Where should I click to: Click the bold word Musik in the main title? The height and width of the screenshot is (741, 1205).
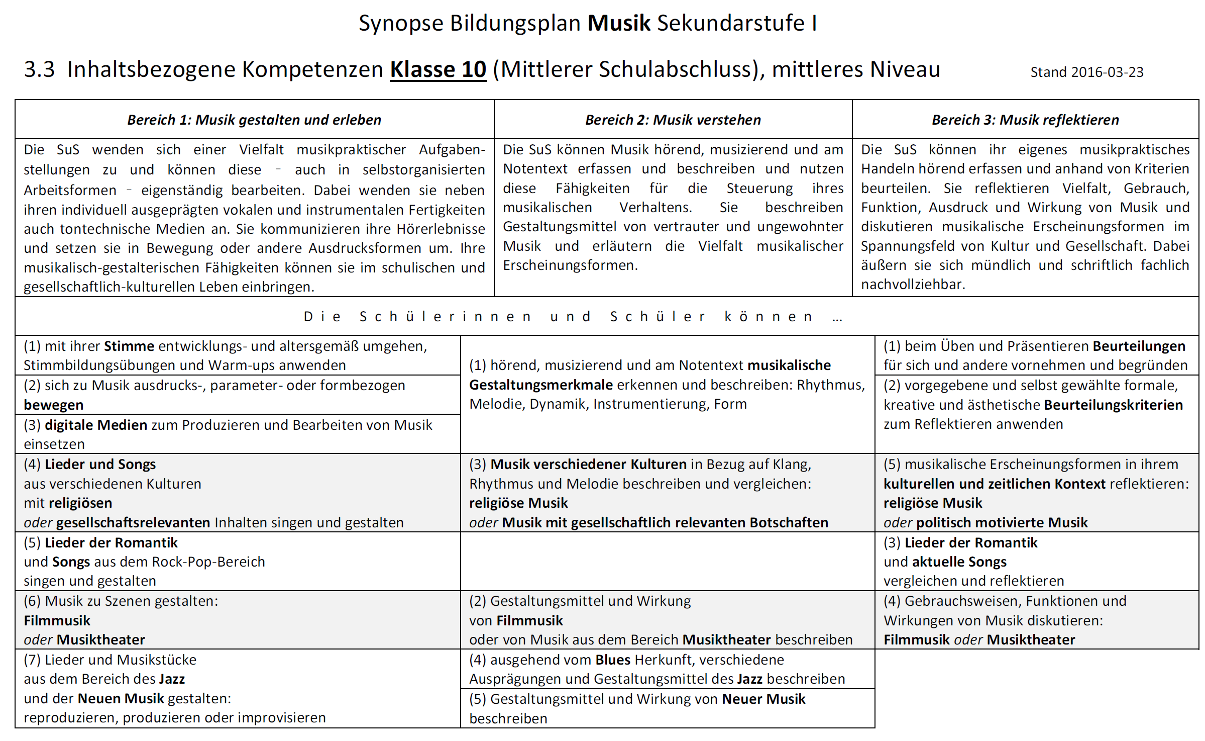pyautogui.click(x=619, y=23)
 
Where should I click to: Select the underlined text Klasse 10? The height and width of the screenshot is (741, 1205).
pyautogui.click(x=438, y=69)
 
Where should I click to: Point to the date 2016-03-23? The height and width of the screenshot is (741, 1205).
pyautogui.click(x=1107, y=72)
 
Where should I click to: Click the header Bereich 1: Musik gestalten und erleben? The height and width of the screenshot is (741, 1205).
pyautogui.click(x=254, y=120)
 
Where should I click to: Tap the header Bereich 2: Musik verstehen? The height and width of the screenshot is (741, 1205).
pyautogui.click(x=673, y=120)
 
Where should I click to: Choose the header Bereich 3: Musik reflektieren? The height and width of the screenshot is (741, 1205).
pyautogui.click(x=1025, y=120)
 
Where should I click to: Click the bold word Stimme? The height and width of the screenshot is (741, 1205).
pyautogui.click(x=129, y=346)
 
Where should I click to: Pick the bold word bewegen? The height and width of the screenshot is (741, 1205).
pyautogui.click(x=54, y=405)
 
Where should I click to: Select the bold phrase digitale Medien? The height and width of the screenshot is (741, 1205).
pyautogui.click(x=96, y=425)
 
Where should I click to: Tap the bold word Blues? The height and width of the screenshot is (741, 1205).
pyautogui.click(x=613, y=660)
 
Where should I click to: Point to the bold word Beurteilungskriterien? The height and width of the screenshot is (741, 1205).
pyautogui.click(x=1114, y=405)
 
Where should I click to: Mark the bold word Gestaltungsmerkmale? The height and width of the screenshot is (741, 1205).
pyautogui.click(x=541, y=385)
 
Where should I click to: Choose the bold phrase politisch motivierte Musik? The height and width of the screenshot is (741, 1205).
pyautogui.click(x=1002, y=522)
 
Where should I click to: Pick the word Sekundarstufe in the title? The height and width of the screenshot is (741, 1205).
pyautogui.click(x=731, y=23)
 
